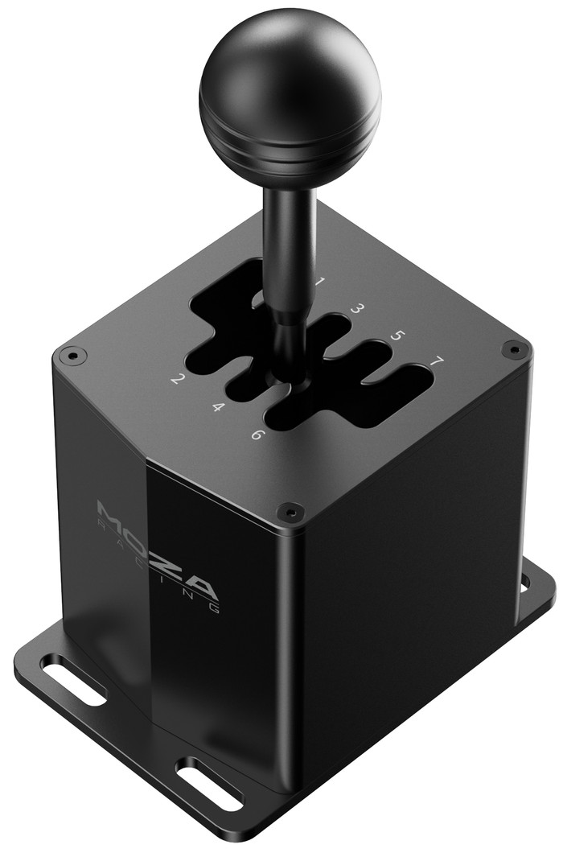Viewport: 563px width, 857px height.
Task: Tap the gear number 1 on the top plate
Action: click(320, 282)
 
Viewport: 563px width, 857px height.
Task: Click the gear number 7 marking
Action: click(437, 361)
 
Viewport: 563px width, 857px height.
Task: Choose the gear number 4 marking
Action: click(217, 407)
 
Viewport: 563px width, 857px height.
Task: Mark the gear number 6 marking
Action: click(256, 435)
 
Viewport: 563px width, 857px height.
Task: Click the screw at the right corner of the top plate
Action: click(511, 348)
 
